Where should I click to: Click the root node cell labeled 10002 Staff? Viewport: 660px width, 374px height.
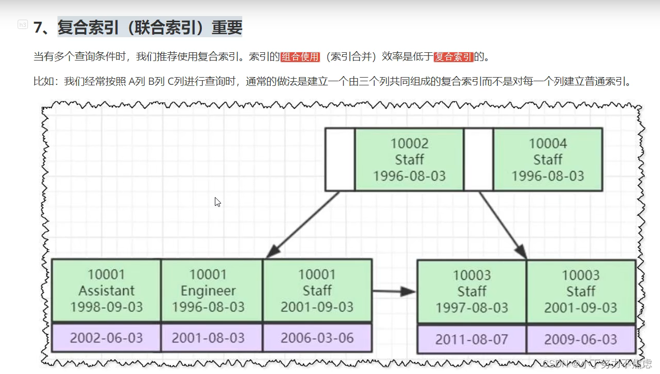coord(409,159)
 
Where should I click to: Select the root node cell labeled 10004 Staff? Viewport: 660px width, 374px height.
coord(548,159)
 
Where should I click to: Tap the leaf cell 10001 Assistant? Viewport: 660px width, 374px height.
coord(106,291)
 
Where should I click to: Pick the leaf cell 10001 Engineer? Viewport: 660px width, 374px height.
coord(212,291)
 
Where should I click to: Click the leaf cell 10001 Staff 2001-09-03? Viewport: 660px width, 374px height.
coord(317,291)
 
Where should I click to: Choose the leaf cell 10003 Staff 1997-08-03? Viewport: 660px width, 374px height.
coord(472,292)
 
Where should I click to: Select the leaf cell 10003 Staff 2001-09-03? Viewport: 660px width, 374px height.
coord(581,292)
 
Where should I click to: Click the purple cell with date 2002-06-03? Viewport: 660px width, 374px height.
coord(106,338)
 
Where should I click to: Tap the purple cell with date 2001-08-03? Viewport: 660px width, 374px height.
coord(212,338)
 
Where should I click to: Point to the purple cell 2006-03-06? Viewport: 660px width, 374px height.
coord(317,338)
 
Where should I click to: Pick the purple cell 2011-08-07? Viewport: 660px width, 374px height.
coord(472,339)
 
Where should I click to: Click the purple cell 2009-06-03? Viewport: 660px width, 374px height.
coord(581,339)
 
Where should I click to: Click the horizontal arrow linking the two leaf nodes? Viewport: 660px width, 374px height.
coord(393,292)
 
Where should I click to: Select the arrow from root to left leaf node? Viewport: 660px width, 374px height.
coord(303,225)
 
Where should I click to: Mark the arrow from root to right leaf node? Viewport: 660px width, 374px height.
coord(503,225)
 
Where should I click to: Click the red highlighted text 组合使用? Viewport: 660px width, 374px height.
coord(300,57)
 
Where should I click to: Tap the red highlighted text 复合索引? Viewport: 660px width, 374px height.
coord(453,57)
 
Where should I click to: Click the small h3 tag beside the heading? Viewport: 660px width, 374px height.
coord(23,24)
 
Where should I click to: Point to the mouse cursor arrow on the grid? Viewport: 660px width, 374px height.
coord(217,202)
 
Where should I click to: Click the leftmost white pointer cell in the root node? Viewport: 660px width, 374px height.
coord(340,159)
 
